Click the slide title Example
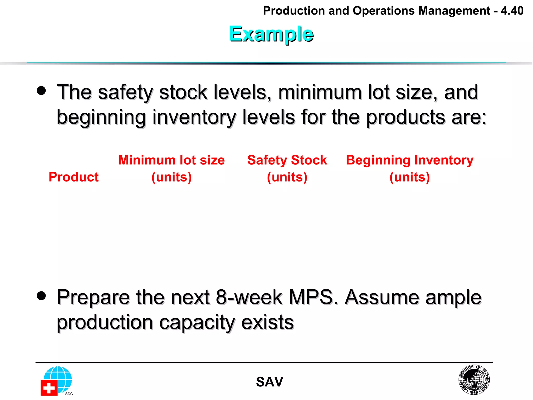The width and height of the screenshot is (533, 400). click(271, 34)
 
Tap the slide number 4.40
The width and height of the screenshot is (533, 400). click(512, 11)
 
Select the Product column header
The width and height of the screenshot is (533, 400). click(74, 177)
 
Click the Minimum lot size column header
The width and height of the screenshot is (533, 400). click(171, 160)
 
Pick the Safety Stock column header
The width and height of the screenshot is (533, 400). click(287, 160)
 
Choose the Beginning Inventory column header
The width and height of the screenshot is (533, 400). click(410, 160)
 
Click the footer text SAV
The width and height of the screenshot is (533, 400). click(269, 382)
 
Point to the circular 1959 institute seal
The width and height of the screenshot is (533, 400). click(474, 379)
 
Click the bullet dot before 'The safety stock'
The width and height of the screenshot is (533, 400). click(41, 91)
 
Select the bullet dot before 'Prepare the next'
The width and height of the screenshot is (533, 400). click(41, 296)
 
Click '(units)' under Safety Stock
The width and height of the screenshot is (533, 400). click(287, 177)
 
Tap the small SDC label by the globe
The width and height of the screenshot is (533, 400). click(69, 394)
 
